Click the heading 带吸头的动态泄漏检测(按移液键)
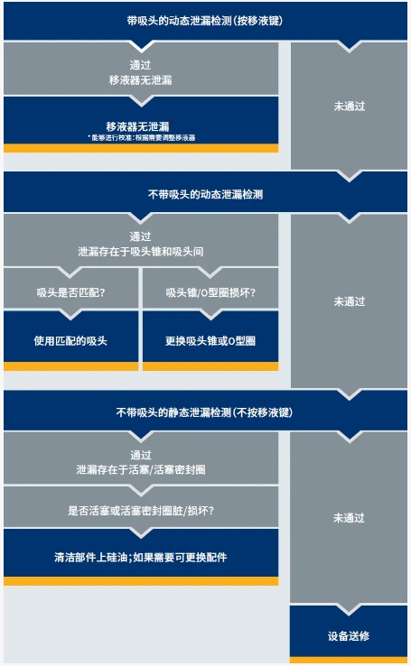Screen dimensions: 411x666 point(204,21)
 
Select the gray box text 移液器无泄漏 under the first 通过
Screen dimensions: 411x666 point(140,79)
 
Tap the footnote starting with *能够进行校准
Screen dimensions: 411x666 point(142,137)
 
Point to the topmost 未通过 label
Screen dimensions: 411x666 point(349,106)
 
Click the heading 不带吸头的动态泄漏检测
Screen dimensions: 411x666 point(205,195)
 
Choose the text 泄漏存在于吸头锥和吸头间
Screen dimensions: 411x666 point(140,252)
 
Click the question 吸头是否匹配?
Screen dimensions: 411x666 point(70,292)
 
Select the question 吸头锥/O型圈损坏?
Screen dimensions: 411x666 point(210,292)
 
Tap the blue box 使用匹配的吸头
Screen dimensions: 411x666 point(71,341)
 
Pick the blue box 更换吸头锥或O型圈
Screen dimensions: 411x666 point(210,341)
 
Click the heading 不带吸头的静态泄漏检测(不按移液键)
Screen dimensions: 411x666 point(204,412)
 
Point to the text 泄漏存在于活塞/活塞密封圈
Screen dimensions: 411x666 point(141,469)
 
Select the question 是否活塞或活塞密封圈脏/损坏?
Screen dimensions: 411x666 point(141,510)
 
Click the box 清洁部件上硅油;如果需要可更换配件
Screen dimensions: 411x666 point(141,557)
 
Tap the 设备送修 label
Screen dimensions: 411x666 point(349,636)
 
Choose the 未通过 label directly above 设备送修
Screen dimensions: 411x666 point(349,518)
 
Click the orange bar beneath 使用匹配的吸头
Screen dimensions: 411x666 point(71,366)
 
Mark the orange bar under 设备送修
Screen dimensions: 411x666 point(349,660)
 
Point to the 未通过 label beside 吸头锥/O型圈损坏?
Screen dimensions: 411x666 point(349,301)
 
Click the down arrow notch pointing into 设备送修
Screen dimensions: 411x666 point(349,609)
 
